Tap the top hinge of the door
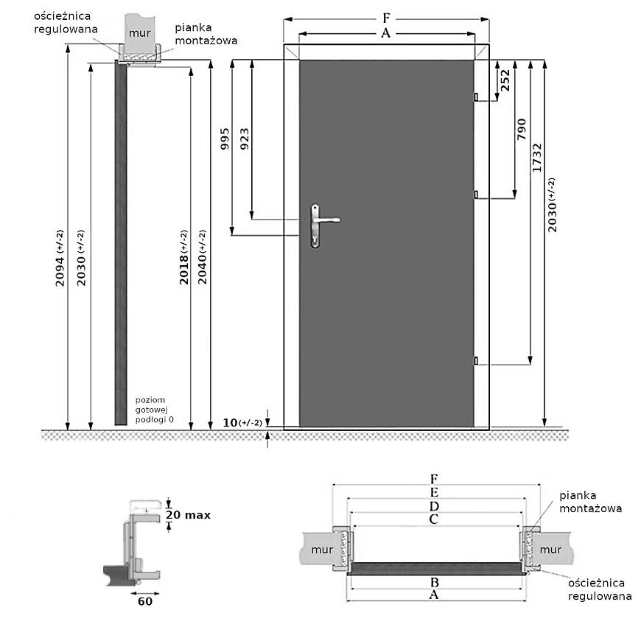[x=476, y=97]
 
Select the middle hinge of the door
[x=476, y=195]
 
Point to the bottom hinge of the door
[x=476, y=360]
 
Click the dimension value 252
[x=505, y=80]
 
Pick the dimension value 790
[x=522, y=130]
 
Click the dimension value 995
[x=225, y=139]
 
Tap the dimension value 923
[x=245, y=139]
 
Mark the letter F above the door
[x=387, y=18]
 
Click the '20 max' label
[x=188, y=515]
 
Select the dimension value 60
[x=145, y=600]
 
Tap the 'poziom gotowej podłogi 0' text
[x=155, y=410]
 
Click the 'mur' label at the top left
[x=140, y=33]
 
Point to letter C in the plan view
[x=434, y=519]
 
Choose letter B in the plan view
[x=434, y=581]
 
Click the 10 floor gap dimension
[x=242, y=422]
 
